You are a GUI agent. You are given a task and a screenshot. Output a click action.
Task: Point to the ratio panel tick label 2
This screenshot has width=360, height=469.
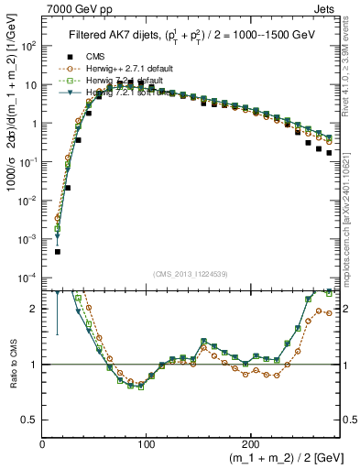[x=34, y=309]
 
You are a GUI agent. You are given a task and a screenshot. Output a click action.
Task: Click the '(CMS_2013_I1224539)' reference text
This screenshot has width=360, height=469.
[x=189, y=273]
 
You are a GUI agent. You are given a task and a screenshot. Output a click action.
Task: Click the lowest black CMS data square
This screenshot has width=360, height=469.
[x=57, y=251]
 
